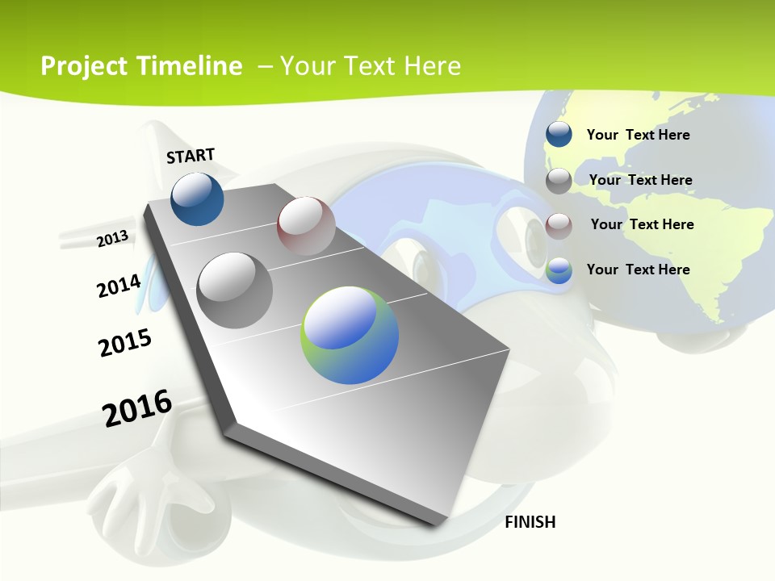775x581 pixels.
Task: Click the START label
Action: click(191, 156)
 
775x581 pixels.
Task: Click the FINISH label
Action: click(530, 522)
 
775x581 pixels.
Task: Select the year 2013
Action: click(113, 238)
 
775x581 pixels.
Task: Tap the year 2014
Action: click(119, 286)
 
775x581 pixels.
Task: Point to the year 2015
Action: click(125, 343)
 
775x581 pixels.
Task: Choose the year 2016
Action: click(137, 408)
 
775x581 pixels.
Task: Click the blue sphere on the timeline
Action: click(197, 199)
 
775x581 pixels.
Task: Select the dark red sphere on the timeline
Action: click(306, 226)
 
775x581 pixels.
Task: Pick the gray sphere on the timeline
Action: click(235, 290)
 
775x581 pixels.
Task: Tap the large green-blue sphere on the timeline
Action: click(350, 335)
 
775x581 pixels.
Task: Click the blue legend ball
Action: click(559, 134)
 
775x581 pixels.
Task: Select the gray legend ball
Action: click(559, 181)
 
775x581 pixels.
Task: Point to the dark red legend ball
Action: click(559, 226)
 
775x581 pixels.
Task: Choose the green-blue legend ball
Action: click(559, 270)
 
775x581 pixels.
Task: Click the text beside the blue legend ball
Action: click(638, 135)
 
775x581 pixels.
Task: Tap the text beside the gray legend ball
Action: click(640, 180)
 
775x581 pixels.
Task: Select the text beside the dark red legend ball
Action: click(642, 224)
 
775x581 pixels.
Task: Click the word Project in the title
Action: click(84, 66)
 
